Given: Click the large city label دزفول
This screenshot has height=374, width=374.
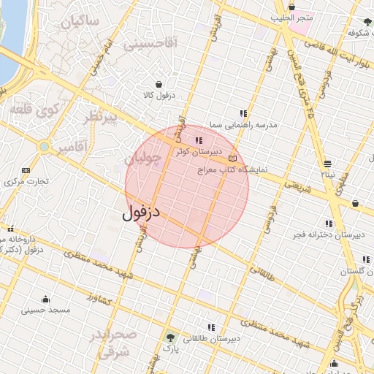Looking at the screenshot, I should pyautogui.click(x=141, y=213).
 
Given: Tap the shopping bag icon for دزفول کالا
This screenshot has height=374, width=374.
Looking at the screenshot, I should pyautogui.click(x=159, y=84).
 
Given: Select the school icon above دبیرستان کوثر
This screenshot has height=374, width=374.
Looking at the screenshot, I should pyautogui.click(x=199, y=140).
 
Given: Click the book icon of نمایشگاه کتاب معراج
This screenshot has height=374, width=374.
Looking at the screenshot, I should pyautogui.click(x=233, y=158).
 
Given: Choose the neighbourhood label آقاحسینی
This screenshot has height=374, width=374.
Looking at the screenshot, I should pyautogui.click(x=150, y=44).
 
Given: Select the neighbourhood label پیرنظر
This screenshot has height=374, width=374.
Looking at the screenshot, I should pyautogui.click(x=101, y=118).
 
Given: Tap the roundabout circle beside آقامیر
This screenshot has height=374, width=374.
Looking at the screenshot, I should pyautogui.click(x=45, y=147).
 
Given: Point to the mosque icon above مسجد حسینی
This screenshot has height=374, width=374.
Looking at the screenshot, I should pyautogui.click(x=46, y=299).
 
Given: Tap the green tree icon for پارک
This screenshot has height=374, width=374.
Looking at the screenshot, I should pyautogui.click(x=171, y=337).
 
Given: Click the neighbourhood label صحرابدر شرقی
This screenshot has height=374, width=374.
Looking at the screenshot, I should pyautogui.click(x=113, y=343).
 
